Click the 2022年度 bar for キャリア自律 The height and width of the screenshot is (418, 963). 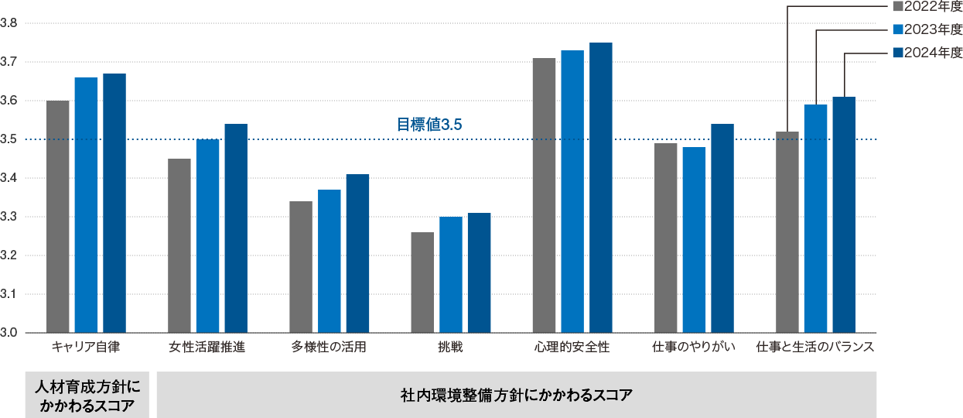(58, 217)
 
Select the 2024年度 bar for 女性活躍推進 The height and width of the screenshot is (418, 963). (236, 228)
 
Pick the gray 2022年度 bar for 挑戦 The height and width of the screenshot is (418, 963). (422, 283)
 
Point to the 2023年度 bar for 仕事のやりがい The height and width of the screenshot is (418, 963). (694, 240)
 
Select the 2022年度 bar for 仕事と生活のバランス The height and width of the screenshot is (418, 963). (787, 232)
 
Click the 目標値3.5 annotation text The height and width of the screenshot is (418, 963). (423, 124)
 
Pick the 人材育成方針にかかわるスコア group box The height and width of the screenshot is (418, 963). (87, 396)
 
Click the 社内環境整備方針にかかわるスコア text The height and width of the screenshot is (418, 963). (516, 396)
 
